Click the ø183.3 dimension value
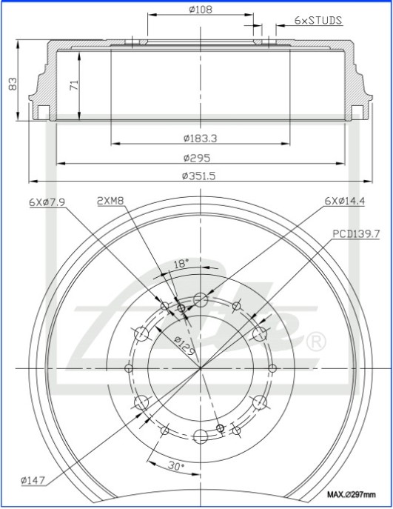pos(204,138)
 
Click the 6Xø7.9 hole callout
pos(47,202)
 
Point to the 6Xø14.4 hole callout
pos(346,202)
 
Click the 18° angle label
pos(181,263)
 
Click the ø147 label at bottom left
pos(34,481)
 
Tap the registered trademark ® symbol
pos(315,342)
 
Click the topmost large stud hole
pos(201,300)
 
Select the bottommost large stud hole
pos(200,436)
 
